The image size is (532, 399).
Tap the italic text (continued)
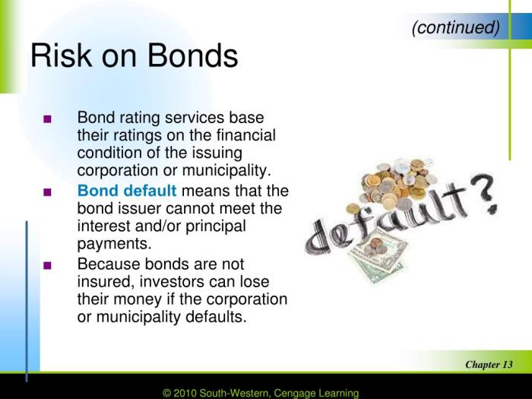click(455, 28)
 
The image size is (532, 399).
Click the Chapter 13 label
click(488, 365)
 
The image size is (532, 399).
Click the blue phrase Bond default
click(127, 190)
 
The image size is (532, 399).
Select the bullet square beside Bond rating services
click(48, 120)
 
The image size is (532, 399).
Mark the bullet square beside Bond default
click(48, 191)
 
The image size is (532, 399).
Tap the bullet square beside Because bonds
click(48, 265)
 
